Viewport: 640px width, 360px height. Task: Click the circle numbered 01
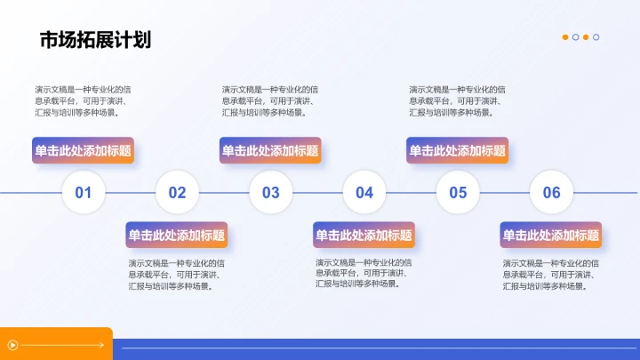84,192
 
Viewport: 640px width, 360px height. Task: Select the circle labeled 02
177,192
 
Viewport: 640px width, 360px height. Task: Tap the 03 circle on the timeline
270,192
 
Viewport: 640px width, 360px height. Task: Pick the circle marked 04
364,192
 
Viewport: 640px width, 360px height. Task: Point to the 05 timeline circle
458,192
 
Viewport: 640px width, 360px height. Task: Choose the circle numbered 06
551,192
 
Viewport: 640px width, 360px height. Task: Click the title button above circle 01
84,150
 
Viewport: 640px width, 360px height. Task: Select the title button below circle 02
177,236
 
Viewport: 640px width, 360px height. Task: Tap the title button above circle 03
270,150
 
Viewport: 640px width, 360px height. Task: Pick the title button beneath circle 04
364,236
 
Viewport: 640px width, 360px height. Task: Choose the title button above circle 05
457,150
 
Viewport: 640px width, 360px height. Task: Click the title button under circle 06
551,236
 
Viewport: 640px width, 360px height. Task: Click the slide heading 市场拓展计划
95,40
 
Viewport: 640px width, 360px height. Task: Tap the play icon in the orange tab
12,345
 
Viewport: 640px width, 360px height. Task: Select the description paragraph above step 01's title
84,100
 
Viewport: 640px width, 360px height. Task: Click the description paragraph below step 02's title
177,275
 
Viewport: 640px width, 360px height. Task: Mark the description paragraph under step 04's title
364,273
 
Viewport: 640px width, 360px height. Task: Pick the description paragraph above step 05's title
457,100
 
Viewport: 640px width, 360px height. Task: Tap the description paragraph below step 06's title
551,275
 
